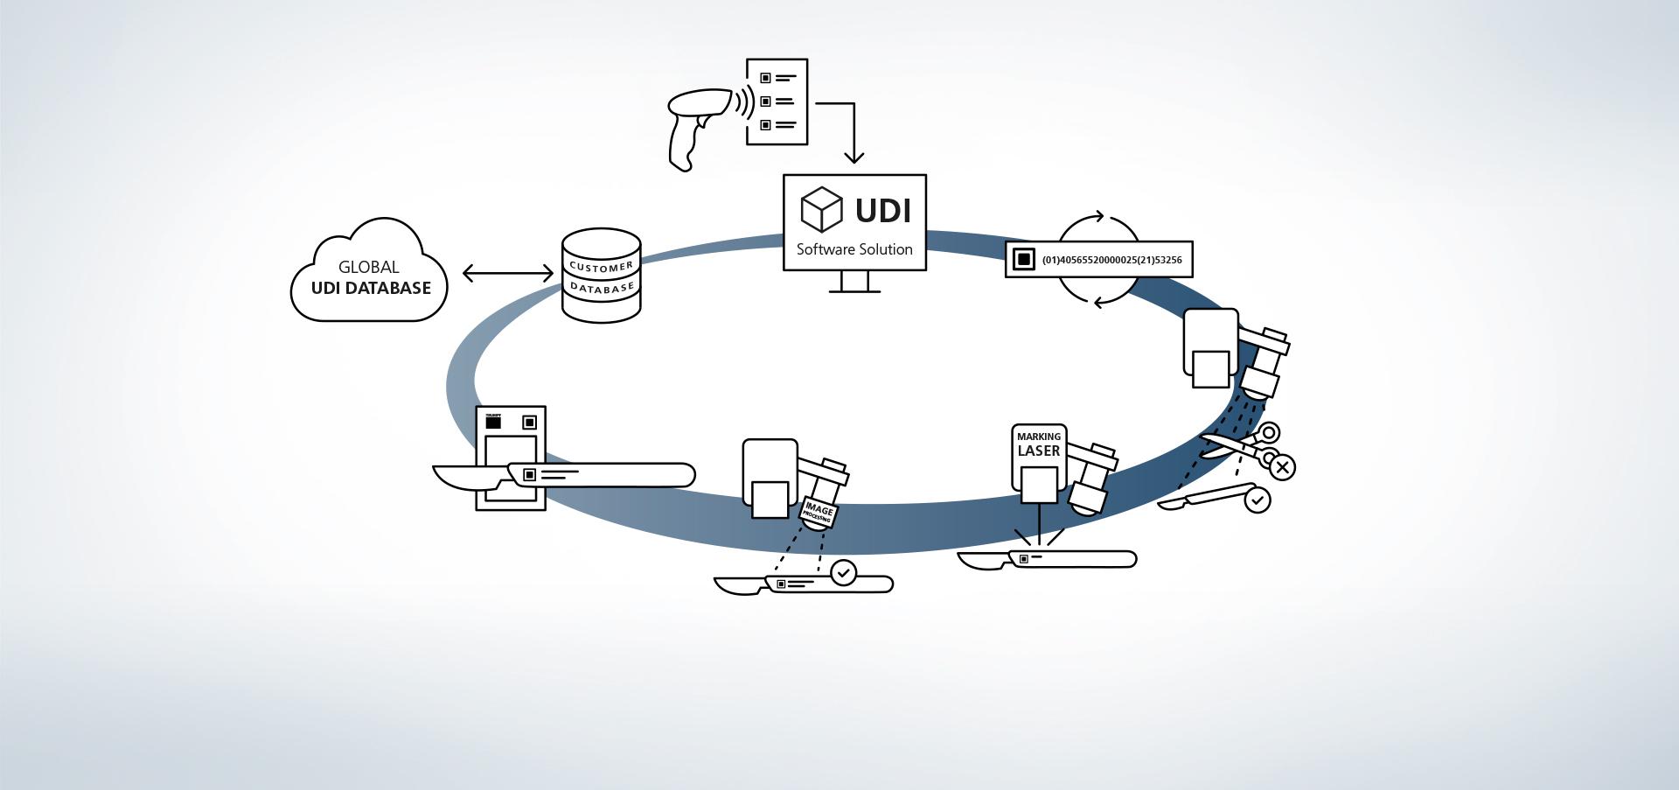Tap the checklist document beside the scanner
(x=777, y=101)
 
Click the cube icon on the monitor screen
(x=821, y=209)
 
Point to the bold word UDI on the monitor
(x=882, y=211)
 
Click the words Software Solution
(x=854, y=249)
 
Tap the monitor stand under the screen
(x=854, y=282)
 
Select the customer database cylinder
(x=601, y=276)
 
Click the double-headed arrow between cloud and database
(x=507, y=273)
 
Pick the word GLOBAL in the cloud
(x=368, y=267)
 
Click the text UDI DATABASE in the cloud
(x=371, y=288)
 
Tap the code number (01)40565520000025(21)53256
(x=1111, y=260)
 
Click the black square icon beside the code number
(x=1023, y=259)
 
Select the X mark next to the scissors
(x=1282, y=467)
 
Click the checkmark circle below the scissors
(x=1257, y=500)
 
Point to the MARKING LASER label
(x=1039, y=444)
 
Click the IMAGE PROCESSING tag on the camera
(x=819, y=513)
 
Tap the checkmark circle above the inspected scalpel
(x=843, y=573)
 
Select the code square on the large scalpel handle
(x=529, y=475)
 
